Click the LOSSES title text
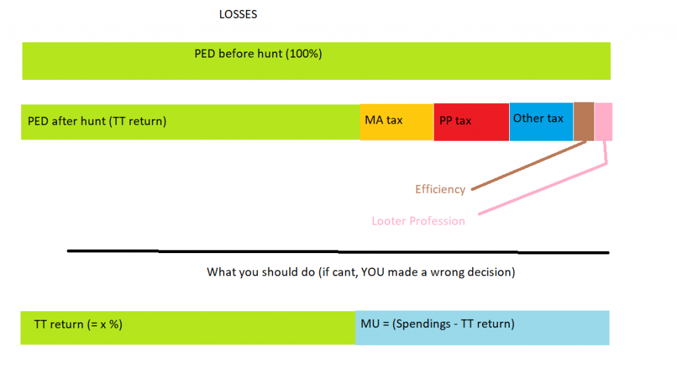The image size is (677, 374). (x=238, y=15)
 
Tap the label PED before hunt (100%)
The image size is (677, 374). (x=259, y=54)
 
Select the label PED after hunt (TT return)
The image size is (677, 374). (x=97, y=121)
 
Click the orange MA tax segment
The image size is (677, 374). (x=397, y=122)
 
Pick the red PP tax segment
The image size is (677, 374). (x=471, y=122)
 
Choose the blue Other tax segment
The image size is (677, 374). (x=541, y=122)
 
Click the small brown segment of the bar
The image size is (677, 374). (x=584, y=121)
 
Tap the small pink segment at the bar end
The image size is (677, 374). (x=603, y=122)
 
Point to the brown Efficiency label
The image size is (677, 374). (x=440, y=190)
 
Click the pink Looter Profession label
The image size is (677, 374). (x=418, y=221)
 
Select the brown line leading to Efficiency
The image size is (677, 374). (x=528, y=165)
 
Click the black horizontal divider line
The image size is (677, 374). (x=338, y=252)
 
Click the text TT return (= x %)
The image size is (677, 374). (x=78, y=324)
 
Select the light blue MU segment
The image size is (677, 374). (x=482, y=328)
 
